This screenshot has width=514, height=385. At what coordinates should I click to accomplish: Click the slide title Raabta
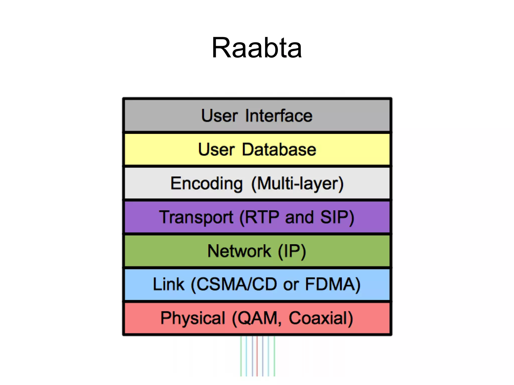pyautogui.click(x=256, y=48)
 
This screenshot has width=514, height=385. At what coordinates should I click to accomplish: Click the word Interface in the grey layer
pyautogui.click(x=279, y=116)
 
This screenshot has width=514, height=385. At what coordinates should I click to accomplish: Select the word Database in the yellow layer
pyautogui.click(x=279, y=149)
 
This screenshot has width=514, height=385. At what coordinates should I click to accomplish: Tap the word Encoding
pyautogui.click(x=206, y=183)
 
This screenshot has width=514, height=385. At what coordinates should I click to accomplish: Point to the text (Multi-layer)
pyautogui.click(x=297, y=183)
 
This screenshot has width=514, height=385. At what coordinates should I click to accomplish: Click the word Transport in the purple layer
pyautogui.click(x=196, y=217)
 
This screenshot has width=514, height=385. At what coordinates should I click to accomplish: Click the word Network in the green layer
pyautogui.click(x=239, y=251)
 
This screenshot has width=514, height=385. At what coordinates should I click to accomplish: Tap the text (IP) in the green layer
pyautogui.click(x=292, y=251)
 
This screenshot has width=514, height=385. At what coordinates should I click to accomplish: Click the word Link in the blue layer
pyautogui.click(x=168, y=284)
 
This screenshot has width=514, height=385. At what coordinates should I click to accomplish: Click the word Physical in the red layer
pyautogui.click(x=193, y=318)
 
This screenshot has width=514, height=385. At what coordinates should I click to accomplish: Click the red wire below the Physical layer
pyautogui.click(x=257, y=356)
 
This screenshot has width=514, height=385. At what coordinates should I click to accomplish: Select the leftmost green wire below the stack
pyautogui.click(x=241, y=356)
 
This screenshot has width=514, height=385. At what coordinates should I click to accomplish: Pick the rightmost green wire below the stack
pyautogui.click(x=274, y=356)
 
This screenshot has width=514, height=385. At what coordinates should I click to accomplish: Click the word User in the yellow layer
pyautogui.click(x=216, y=149)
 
